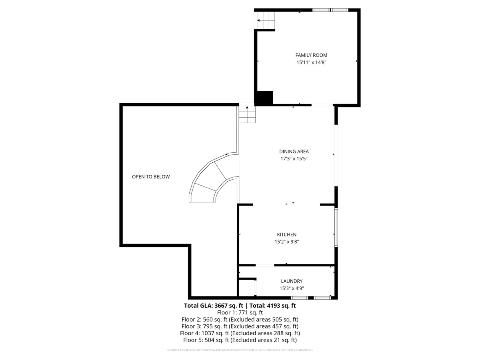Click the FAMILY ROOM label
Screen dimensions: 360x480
(x=311, y=55)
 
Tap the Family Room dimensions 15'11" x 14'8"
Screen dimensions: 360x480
(x=311, y=62)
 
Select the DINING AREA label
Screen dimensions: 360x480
(x=294, y=152)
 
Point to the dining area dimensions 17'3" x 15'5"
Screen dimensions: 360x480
(x=294, y=159)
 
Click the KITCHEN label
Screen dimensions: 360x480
(x=287, y=235)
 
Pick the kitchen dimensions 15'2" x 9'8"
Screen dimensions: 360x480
(x=287, y=242)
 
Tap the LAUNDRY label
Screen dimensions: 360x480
(x=291, y=281)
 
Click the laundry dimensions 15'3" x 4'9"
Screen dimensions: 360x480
(x=291, y=288)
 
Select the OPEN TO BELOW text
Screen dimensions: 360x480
(x=151, y=177)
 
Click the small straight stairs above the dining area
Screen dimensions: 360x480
(x=247, y=115)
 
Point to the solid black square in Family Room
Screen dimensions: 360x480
(x=264, y=98)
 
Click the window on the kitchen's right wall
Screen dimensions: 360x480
(x=336, y=227)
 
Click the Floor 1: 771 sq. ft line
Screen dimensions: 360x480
(x=240, y=313)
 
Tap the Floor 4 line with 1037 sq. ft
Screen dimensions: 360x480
(x=240, y=333)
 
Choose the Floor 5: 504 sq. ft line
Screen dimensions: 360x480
(x=240, y=340)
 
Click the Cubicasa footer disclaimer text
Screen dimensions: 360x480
(x=240, y=350)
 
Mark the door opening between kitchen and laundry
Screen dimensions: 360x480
(x=265, y=265)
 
